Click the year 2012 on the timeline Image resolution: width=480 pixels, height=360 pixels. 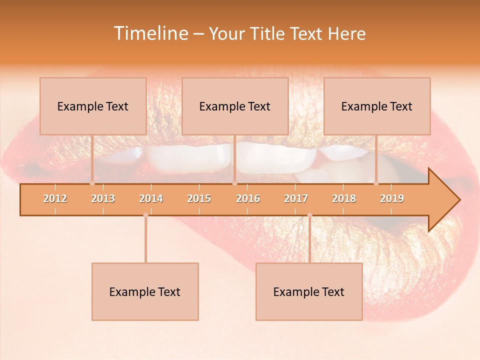[x=55, y=198]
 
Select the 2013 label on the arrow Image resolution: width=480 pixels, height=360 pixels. [x=103, y=198]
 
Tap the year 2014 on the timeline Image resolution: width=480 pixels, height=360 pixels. [x=151, y=198]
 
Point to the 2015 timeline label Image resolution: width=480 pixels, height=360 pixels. [x=199, y=198]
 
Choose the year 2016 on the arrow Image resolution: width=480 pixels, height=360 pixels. [x=248, y=198]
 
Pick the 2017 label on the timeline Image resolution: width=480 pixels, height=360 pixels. [x=296, y=198]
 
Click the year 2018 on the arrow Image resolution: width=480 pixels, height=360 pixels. [x=344, y=198]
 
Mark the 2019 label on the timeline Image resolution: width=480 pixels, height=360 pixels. [x=392, y=198]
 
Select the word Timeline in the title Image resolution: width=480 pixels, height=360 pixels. [x=150, y=33]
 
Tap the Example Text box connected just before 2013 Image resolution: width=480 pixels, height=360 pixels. [x=93, y=106]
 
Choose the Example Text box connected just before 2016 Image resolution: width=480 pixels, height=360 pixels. [x=235, y=106]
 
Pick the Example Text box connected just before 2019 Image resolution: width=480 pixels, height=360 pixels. [x=377, y=106]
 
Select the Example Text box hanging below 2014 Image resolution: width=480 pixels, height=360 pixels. [x=145, y=291]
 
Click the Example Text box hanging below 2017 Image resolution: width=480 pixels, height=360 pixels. [x=309, y=291]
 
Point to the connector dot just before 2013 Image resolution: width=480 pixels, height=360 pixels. [x=92, y=183]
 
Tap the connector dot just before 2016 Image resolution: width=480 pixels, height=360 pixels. [x=234, y=183]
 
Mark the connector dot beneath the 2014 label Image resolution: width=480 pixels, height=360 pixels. [x=145, y=215]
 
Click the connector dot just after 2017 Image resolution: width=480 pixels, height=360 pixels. [x=309, y=215]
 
